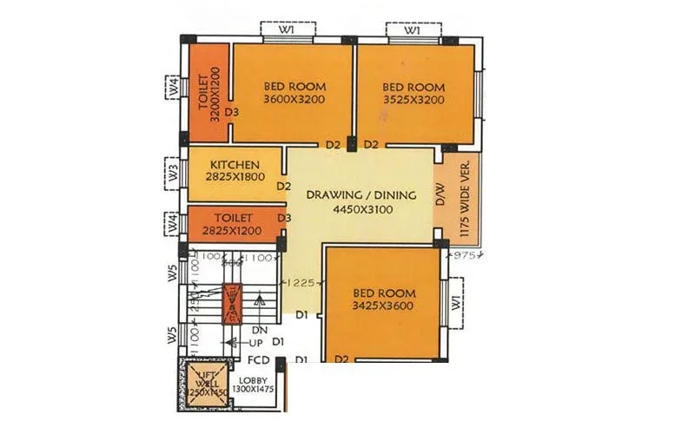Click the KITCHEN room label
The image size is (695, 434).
230,164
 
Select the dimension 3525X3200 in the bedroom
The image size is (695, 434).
414,100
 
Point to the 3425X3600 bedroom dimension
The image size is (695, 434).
384,306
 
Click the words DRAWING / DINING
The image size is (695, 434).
361,194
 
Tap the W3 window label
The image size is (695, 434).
174,172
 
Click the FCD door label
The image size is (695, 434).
258,359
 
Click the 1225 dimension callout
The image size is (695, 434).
301,283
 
